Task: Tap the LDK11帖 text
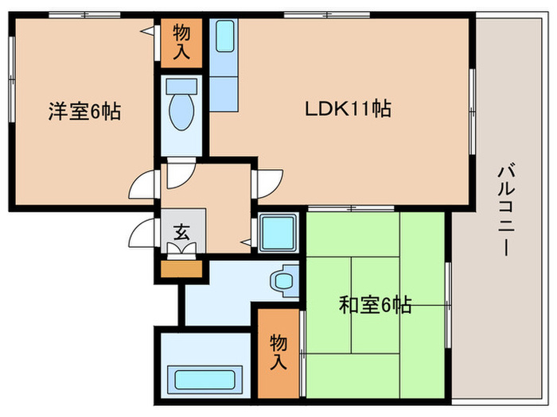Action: pos(348,109)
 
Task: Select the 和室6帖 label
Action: pos(375,303)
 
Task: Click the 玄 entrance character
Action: pos(181,233)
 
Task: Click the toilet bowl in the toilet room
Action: pos(181,114)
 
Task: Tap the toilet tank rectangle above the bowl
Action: pos(181,87)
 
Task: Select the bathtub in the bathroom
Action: pos(204,380)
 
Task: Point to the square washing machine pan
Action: pos(278,232)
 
